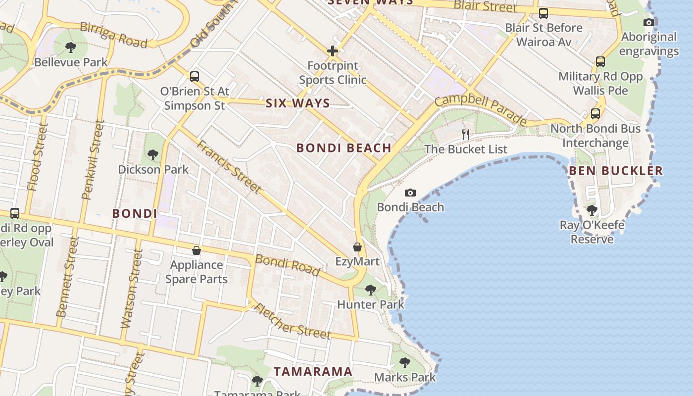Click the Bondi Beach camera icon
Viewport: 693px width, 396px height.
click(410, 193)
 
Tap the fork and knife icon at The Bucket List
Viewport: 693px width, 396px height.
click(465, 134)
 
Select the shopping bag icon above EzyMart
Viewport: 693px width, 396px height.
click(357, 247)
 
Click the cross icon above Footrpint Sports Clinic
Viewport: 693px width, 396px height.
click(332, 50)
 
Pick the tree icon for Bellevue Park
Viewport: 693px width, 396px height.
click(71, 48)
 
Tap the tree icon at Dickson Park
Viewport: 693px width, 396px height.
click(153, 155)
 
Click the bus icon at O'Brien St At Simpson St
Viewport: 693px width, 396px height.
click(195, 77)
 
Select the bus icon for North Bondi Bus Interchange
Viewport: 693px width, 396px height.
click(595, 114)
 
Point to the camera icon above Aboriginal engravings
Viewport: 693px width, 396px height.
click(648, 22)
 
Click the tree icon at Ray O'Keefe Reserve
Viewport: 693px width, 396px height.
click(592, 210)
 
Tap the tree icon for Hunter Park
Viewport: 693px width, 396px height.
click(370, 290)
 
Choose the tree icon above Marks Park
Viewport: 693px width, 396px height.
click(404, 362)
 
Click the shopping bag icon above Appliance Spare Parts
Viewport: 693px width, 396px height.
click(197, 250)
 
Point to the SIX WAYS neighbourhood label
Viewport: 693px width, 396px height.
click(297, 103)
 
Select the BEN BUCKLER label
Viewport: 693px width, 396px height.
click(615, 171)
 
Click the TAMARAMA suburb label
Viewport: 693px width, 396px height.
click(313, 371)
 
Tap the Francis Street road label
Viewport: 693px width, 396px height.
click(229, 166)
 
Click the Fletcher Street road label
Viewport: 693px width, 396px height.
click(292, 321)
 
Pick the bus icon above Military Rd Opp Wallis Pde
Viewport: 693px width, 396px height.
click(600, 62)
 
